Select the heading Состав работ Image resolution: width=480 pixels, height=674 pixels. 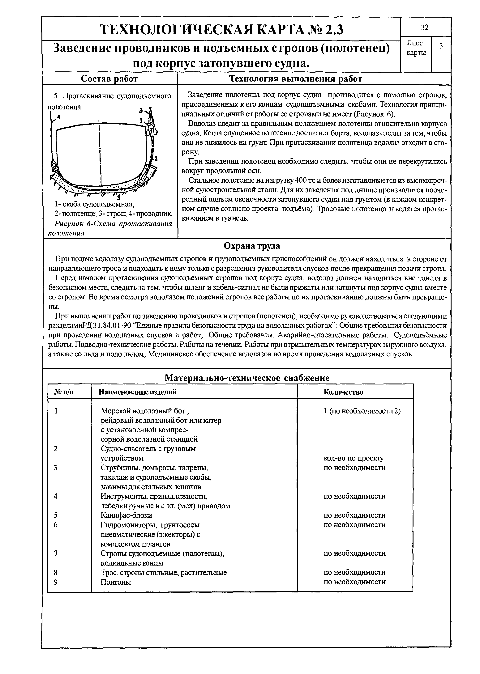pyautogui.click(x=109, y=79)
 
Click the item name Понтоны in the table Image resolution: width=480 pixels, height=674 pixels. pyautogui.click(x=116, y=582)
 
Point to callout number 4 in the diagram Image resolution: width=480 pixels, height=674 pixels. pyautogui.click(x=58, y=117)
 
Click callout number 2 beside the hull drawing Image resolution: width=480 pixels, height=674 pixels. pyautogui.click(x=156, y=159)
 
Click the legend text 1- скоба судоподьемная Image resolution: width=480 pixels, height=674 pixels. pyautogui.click(x=95, y=204)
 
